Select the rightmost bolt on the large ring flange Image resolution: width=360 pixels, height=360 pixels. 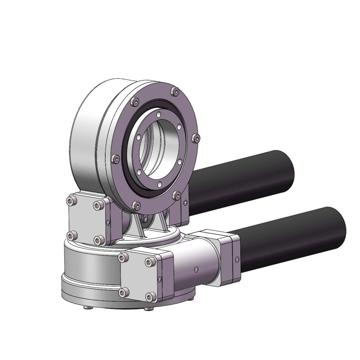(197, 138)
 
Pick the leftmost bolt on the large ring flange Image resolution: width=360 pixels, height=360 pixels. (115, 159)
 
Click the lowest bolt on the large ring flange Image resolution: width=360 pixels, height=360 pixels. (135, 205)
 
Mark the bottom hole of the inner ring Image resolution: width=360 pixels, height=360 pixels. (159, 185)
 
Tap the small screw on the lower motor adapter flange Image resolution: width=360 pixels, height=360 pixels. (237, 260)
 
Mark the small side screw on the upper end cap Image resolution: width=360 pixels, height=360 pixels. (108, 221)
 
